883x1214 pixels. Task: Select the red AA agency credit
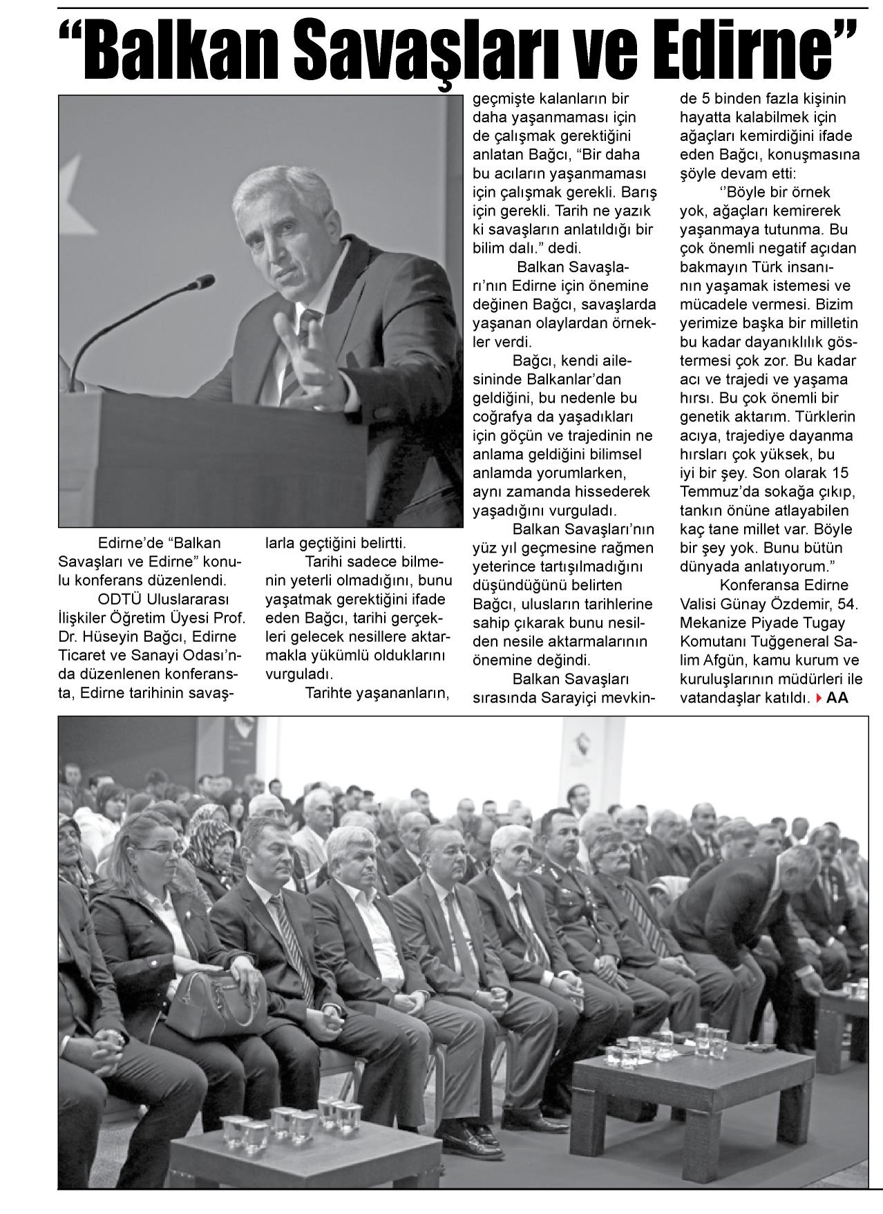click(x=837, y=698)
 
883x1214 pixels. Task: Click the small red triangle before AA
click(x=819, y=698)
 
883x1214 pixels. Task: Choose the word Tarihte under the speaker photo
click(x=330, y=692)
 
